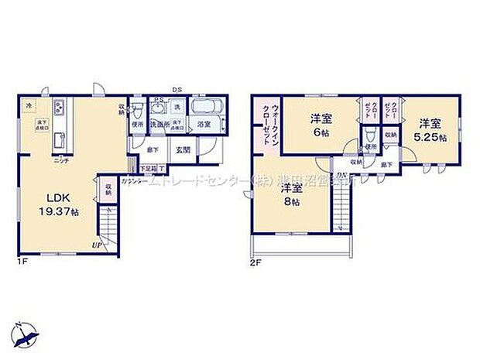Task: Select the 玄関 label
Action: [x=183, y=151]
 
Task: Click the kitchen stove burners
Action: [x=58, y=105]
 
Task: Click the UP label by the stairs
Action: [x=95, y=245]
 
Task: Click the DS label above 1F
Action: [x=177, y=89]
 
